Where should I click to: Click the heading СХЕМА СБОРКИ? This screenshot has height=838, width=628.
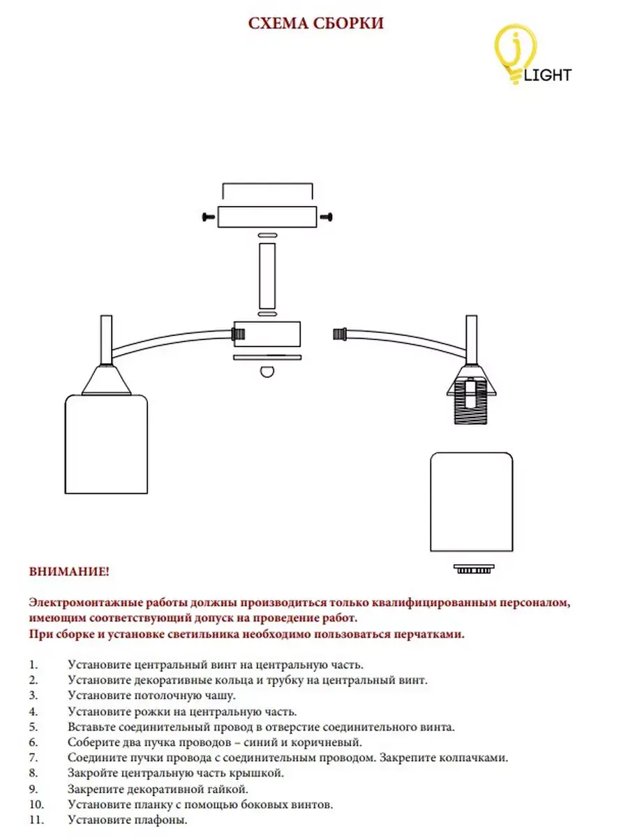pos(316,24)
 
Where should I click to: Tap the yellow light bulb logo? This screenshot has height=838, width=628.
pos(516,50)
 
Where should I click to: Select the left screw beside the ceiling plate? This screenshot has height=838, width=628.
pos(207,218)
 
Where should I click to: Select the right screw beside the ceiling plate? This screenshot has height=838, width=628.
pos(327,218)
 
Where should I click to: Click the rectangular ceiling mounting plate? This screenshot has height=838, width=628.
pos(267,218)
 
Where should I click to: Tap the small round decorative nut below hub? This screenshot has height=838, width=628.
pos(267,372)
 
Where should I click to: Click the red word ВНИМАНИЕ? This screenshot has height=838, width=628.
pos(69,572)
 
